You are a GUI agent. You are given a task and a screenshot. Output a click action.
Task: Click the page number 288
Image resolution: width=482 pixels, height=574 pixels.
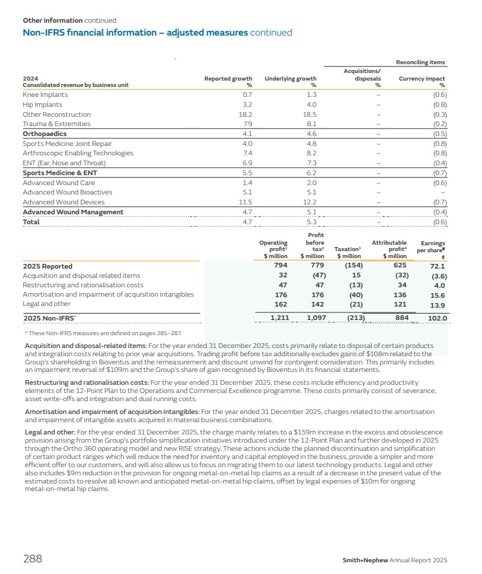click(33, 559)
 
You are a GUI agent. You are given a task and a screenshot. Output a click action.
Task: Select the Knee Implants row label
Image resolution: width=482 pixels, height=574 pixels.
click(45, 95)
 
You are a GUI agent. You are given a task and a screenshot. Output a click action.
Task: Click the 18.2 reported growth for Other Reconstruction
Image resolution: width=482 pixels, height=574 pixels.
click(245, 114)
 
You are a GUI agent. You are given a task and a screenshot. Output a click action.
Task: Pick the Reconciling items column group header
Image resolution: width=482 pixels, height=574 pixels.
click(420, 62)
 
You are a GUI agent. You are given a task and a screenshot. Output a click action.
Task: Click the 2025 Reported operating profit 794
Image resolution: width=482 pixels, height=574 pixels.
click(280, 266)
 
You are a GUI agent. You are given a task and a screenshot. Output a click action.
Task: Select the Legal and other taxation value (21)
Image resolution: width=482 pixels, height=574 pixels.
click(354, 304)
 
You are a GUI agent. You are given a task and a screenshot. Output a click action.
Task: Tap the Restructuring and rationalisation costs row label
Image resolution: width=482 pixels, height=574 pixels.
click(82, 285)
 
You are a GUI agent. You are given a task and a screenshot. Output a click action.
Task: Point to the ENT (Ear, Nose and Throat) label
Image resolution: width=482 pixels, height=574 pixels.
click(64, 163)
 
